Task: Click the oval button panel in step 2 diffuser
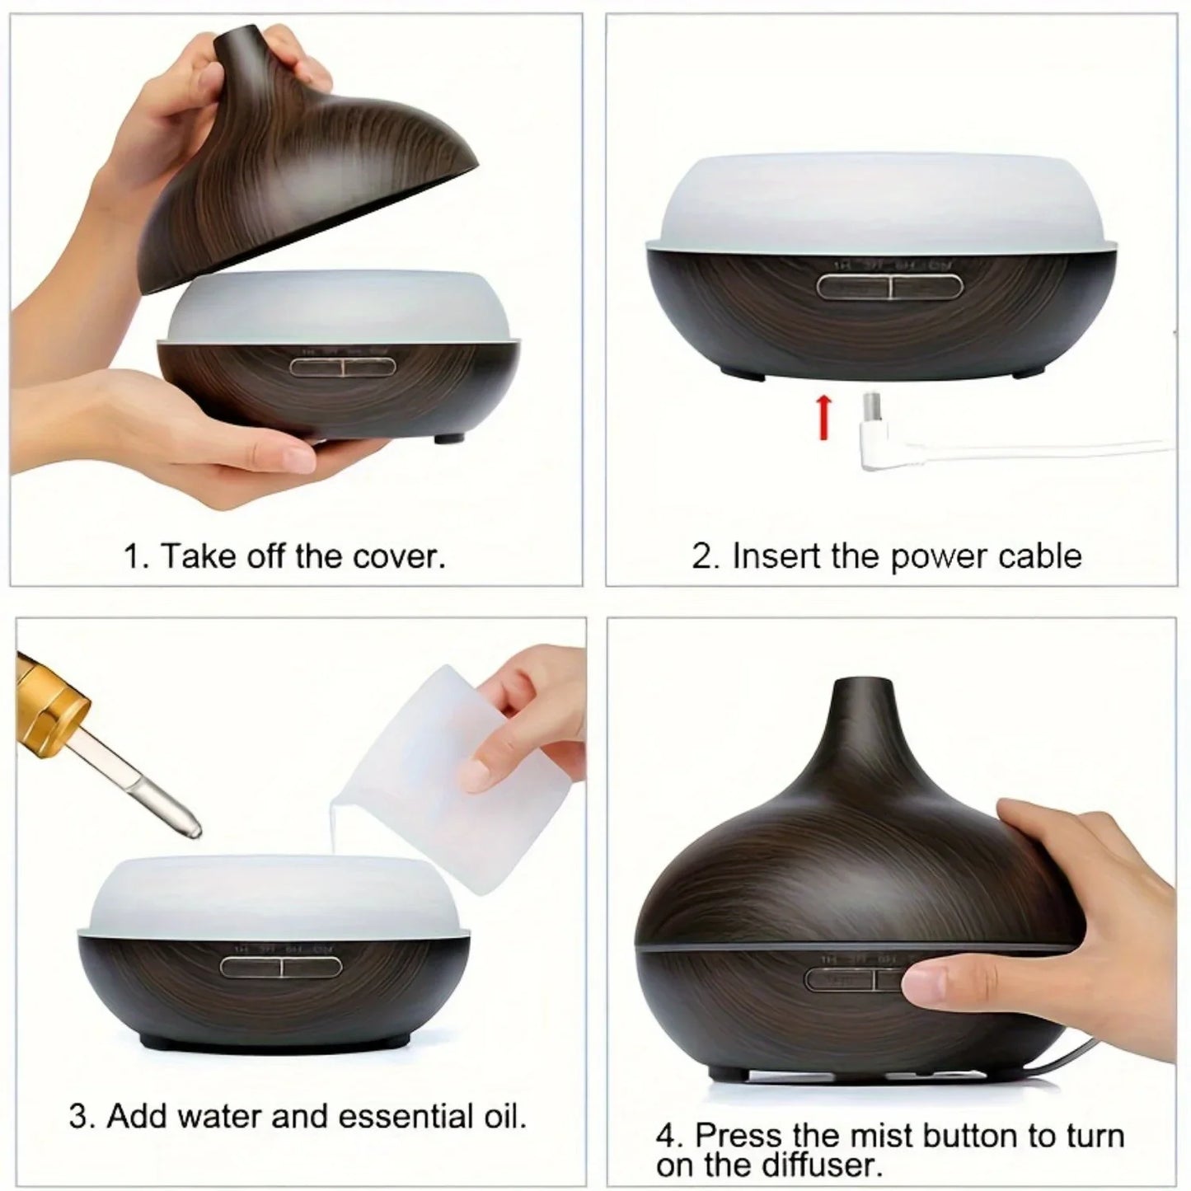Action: (x=889, y=287)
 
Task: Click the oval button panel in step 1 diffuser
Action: (x=343, y=367)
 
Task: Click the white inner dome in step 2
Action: (x=881, y=198)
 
